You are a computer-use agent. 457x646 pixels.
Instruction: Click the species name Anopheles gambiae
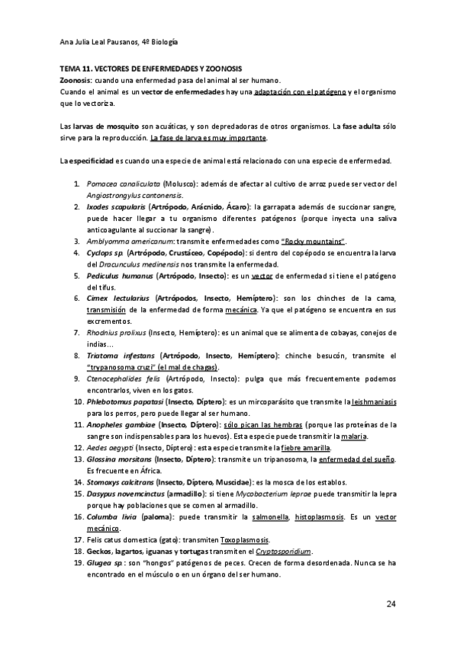[x=122, y=423]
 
